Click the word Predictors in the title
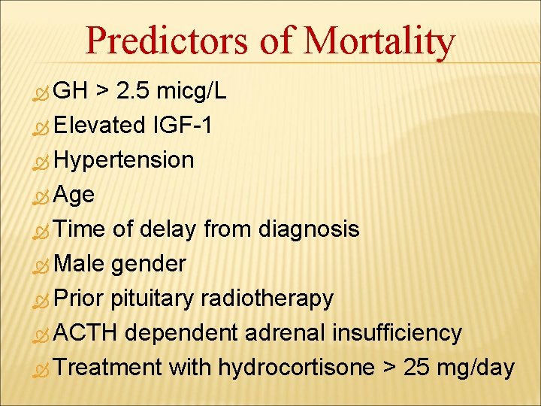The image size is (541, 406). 167,41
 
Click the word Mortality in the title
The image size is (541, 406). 379,41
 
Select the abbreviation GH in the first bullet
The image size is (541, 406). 71,92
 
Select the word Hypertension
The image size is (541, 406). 124,160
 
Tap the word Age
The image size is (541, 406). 74,195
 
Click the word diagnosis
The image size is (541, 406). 309,229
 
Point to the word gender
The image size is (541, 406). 148,264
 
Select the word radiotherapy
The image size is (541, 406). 266,298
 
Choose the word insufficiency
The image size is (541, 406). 397,332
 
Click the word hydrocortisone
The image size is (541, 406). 296,368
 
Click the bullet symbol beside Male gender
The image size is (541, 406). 43,265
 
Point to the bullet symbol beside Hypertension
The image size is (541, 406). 43,162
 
